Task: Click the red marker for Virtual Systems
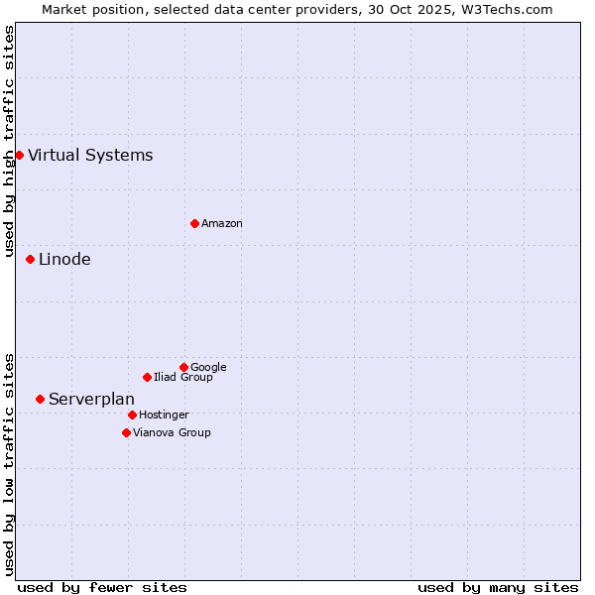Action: tap(19, 155)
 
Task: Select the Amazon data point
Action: tap(194, 223)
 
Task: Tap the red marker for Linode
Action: tap(30, 259)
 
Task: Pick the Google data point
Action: tap(183, 367)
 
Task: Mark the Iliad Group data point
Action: tap(147, 377)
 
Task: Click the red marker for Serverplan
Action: tap(40, 399)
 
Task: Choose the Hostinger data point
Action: tap(132, 415)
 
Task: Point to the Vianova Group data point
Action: tap(126, 432)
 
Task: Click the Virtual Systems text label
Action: tap(90, 155)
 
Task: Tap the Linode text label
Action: tap(64, 260)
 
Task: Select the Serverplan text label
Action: tap(91, 399)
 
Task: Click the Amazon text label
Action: tap(222, 224)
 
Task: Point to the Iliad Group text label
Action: tap(183, 378)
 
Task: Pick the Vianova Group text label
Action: tap(172, 433)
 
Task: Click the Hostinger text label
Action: tap(164, 416)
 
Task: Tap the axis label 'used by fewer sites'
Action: tap(102, 587)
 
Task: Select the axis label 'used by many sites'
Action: tap(498, 587)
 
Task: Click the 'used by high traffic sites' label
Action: tap(9, 141)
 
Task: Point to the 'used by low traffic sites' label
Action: tap(9, 463)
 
